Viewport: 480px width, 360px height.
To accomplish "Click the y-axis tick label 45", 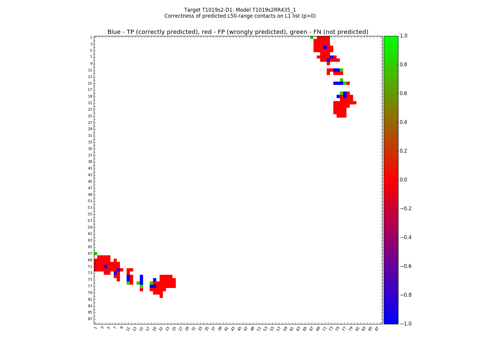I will tap(90, 181).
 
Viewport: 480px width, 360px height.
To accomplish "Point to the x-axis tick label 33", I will tap(200, 328).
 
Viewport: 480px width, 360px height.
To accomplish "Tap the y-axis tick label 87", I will tap(90, 319).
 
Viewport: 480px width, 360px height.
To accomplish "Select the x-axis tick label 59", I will tap(285, 328).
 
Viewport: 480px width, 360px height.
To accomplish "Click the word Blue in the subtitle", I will tap(114, 32).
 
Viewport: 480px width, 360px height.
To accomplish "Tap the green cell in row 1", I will tap(312, 37).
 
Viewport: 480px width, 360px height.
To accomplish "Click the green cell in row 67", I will tap(95, 253).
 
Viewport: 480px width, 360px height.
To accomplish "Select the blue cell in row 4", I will tap(325, 47).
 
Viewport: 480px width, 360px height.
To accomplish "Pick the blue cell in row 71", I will tap(105, 266).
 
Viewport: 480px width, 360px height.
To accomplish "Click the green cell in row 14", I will tap(341, 80).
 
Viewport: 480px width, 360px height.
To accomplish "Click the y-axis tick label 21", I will tap(90, 103).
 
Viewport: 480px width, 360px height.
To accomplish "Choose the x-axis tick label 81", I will tap(357, 328).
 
